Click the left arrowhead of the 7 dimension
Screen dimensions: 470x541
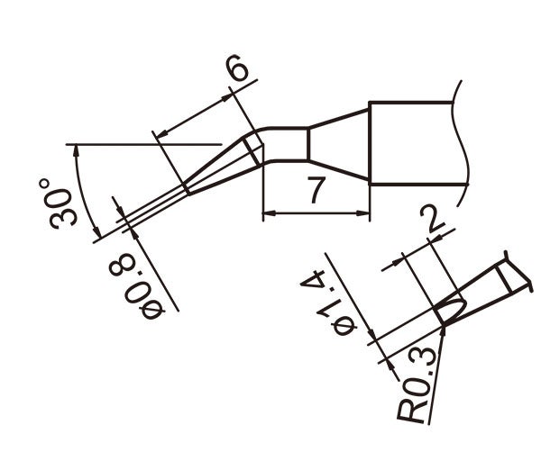[x=267, y=214]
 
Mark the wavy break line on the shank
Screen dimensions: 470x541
[x=463, y=135]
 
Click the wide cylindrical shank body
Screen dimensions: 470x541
[x=415, y=144]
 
